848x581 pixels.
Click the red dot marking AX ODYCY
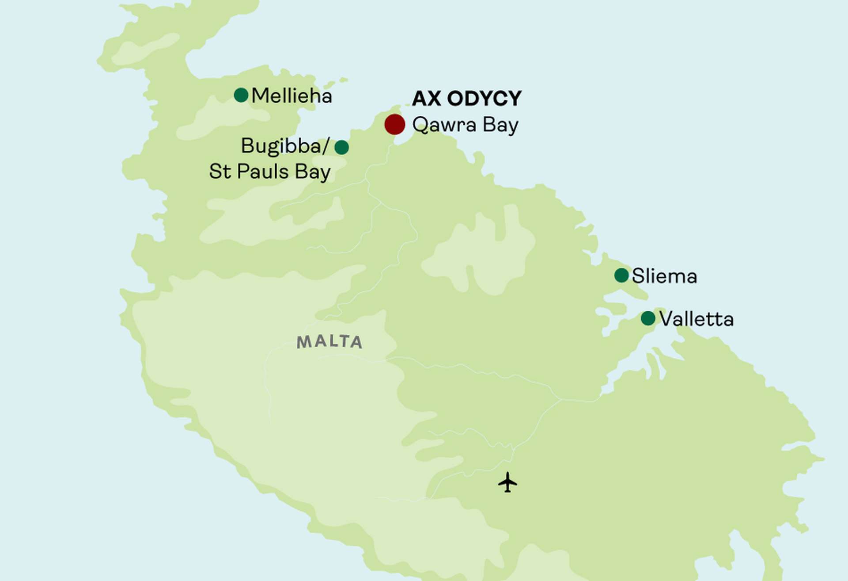click(x=394, y=124)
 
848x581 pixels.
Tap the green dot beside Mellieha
click(x=241, y=95)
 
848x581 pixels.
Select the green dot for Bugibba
click(x=341, y=147)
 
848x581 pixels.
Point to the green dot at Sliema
click(x=621, y=275)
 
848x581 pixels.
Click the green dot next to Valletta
click(x=648, y=318)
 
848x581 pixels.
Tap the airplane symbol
click(x=507, y=482)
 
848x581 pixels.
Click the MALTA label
click(x=329, y=342)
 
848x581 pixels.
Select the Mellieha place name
click(x=291, y=96)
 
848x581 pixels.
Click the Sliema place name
click(x=664, y=276)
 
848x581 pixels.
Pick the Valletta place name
click(x=696, y=319)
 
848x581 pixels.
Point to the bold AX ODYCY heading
click(x=467, y=98)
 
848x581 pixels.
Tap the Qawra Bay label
click(x=465, y=125)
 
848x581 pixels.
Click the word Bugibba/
click(x=285, y=146)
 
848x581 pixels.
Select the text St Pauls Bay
click(x=269, y=172)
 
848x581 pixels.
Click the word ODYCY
click(x=484, y=98)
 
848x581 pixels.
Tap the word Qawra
click(x=444, y=125)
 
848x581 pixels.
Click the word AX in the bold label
click(x=426, y=98)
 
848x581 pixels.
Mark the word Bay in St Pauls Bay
click(x=313, y=172)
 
